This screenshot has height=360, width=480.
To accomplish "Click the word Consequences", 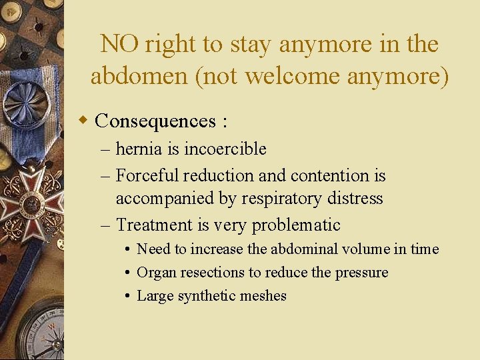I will tap(155, 121).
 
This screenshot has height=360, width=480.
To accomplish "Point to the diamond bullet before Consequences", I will tap(83, 121).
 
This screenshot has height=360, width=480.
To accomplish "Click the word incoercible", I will tap(225, 149).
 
